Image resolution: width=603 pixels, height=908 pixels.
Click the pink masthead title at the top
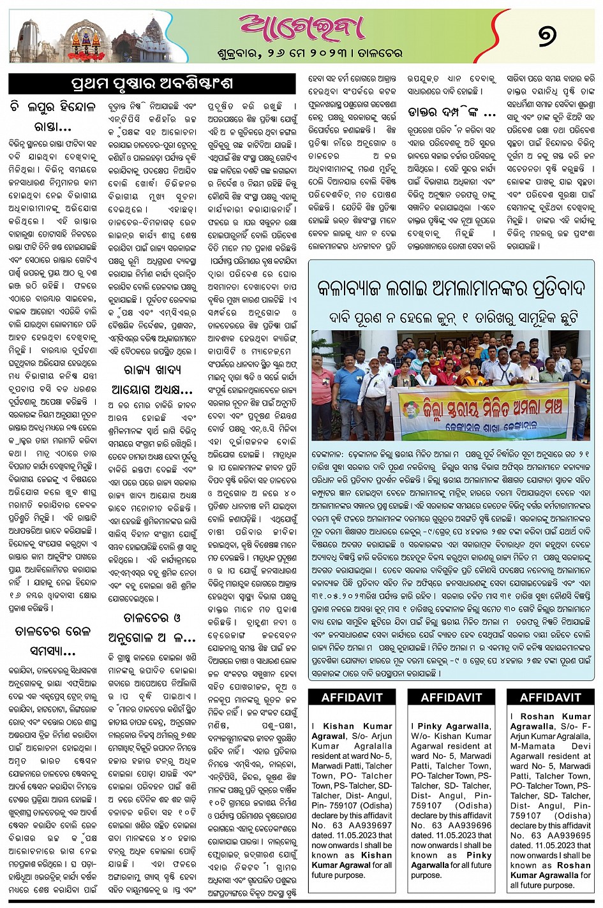302,27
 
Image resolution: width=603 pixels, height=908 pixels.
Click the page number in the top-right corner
547,35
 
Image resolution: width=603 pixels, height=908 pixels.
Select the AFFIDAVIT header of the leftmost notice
352,698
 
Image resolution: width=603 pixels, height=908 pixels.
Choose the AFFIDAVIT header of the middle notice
450,698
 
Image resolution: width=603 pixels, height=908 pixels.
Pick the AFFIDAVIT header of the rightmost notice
550,698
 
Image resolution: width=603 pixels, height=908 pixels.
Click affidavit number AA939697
363,825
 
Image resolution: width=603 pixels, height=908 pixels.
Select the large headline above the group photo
450,288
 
